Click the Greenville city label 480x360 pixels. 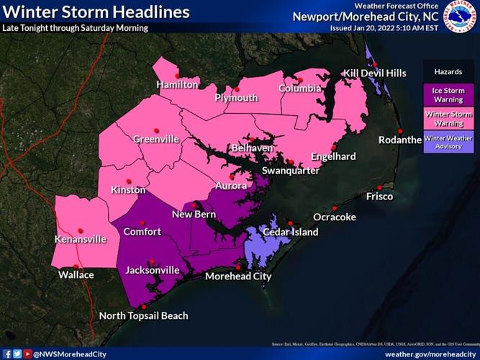coord(156,139)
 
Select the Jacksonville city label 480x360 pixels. coord(153,271)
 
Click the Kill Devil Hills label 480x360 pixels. coord(374,73)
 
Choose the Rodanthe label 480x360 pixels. coord(399,140)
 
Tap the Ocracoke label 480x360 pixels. coord(335,217)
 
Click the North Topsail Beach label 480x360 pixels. coord(143,316)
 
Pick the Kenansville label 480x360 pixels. coord(81,239)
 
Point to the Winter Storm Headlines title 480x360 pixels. coord(96,12)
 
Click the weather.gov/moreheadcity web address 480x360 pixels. coord(429,354)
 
